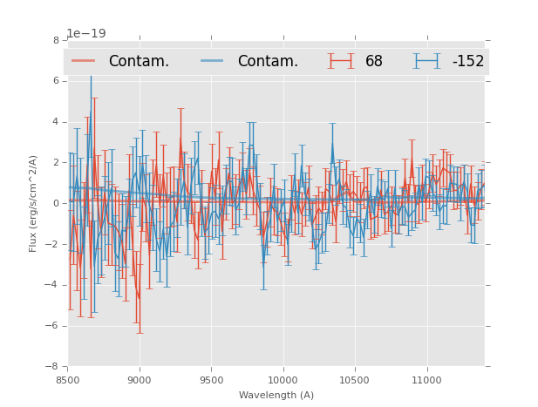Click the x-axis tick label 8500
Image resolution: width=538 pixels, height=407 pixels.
(x=67, y=380)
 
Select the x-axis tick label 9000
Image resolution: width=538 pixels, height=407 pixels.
(x=140, y=380)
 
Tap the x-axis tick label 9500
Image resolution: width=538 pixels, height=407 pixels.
(x=211, y=380)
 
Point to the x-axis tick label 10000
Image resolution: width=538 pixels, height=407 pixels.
(x=283, y=380)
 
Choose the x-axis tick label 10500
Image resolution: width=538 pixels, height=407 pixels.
(x=355, y=380)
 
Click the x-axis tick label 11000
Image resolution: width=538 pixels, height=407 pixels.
(x=427, y=380)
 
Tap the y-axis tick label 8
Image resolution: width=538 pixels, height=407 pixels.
(x=56, y=40)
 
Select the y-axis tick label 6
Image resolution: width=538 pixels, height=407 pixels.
(x=56, y=81)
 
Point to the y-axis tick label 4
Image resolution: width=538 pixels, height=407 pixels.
(x=56, y=122)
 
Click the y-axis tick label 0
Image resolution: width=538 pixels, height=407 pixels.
(x=56, y=204)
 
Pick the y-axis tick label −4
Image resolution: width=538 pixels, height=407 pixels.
(x=53, y=285)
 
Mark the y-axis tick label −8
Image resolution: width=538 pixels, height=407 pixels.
(x=53, y=367)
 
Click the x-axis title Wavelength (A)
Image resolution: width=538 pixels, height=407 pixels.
(x=276, y=395)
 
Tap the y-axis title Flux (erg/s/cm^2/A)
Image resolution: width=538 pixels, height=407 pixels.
(x=33, y=203)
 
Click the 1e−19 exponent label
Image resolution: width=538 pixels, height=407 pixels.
(x=86, y=33)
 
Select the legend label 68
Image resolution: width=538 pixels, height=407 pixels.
(x=374, y=62)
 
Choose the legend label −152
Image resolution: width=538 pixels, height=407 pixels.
(x=467, y=62)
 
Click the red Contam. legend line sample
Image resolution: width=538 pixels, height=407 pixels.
(x=84, y=61)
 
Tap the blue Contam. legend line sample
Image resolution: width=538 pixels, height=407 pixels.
(x=212, y=61)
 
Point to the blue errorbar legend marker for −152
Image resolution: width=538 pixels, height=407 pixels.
(x=426, y=61)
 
